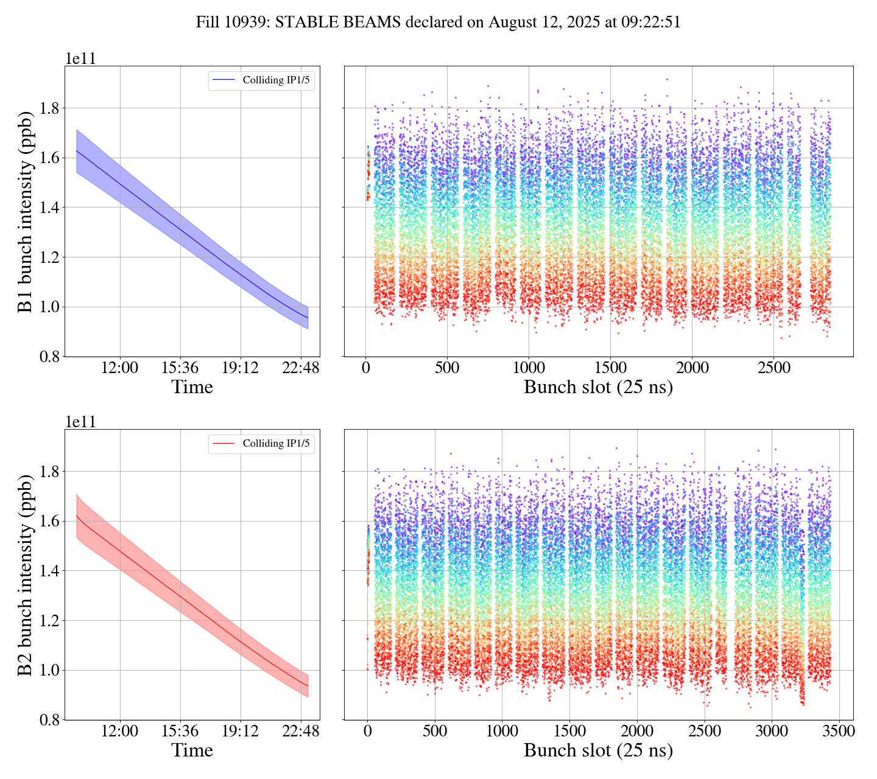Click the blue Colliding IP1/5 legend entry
click(262, 80)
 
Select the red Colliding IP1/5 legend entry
click(262, 444)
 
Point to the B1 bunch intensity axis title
click(25, 211)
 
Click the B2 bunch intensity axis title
click(25, 575)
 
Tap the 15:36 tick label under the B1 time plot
click(180, 368)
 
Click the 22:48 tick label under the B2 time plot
click(301, 731)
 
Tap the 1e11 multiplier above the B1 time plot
click(80, 58)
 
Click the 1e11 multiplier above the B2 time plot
click(80, 422)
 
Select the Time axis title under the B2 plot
click(192, 750)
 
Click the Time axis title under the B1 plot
click(192, 387)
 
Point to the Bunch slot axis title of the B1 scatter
click(598, 387)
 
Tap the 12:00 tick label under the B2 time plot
click(120, 731)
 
